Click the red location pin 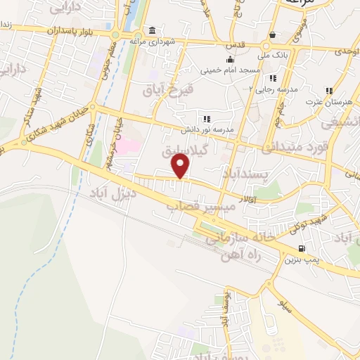click(181, 166)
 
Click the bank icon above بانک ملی click(272, 35)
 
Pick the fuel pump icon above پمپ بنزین click(302, 248)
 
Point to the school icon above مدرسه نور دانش click(206, 120)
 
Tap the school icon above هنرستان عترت click(328, 91)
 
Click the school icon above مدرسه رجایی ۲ click(273, 78)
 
